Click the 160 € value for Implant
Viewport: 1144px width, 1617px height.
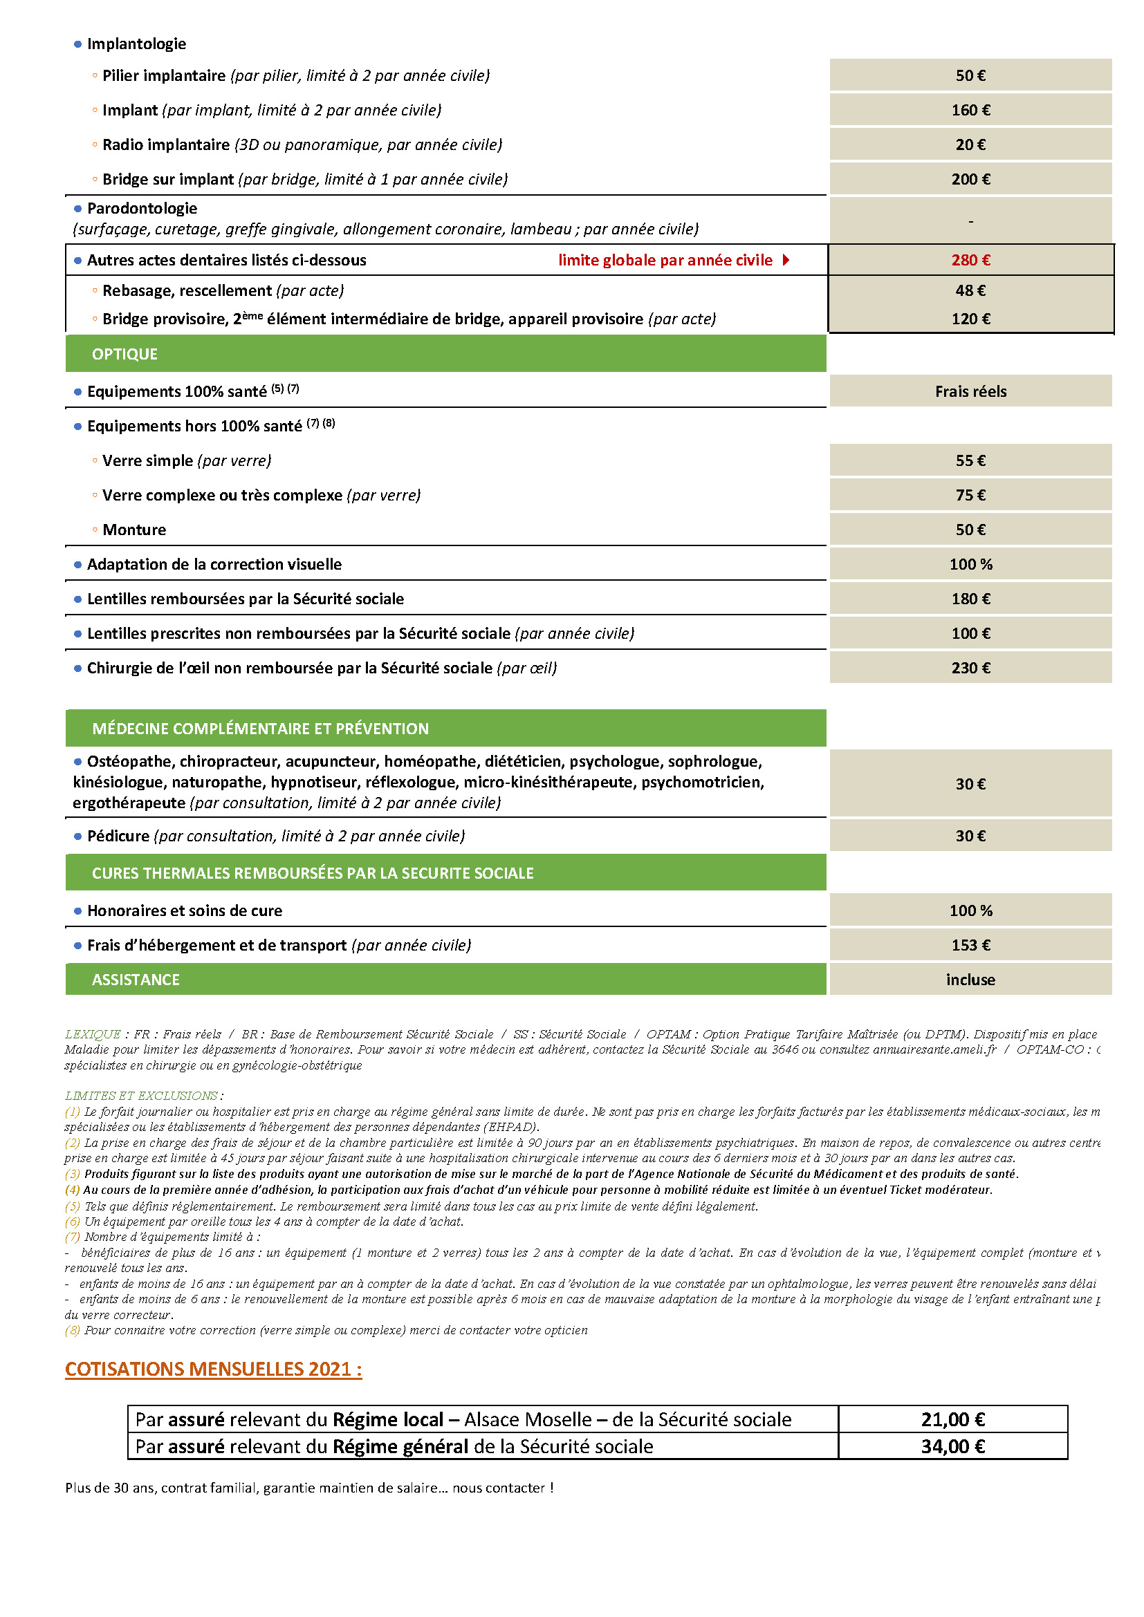[970, 111]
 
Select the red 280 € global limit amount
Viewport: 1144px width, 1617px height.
[970, 261]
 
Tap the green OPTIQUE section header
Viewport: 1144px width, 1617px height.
[124, 354]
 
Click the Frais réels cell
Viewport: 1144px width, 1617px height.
[970, 391]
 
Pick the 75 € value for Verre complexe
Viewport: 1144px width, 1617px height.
[970, 496]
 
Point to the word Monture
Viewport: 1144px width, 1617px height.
[135, 530]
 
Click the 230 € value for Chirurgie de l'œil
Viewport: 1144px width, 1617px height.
[970, 669]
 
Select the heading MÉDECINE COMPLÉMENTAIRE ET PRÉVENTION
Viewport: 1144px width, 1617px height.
[260, 729]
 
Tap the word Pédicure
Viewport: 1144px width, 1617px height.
[118, 836]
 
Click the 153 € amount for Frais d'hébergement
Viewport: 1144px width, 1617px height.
[970, 946]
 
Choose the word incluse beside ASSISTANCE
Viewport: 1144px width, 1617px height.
[970, 980]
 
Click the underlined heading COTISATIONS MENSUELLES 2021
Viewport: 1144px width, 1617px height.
[213, 1369]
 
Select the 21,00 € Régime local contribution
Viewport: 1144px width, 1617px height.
[952, 1420]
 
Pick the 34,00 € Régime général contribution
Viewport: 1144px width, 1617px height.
[952, 1446]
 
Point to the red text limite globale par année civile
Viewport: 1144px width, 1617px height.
[665, 261]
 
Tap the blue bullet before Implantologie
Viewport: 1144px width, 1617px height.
[77, 44]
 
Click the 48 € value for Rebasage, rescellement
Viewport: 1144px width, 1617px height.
[970, 291]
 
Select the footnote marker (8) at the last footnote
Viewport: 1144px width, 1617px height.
[73, 1330]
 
